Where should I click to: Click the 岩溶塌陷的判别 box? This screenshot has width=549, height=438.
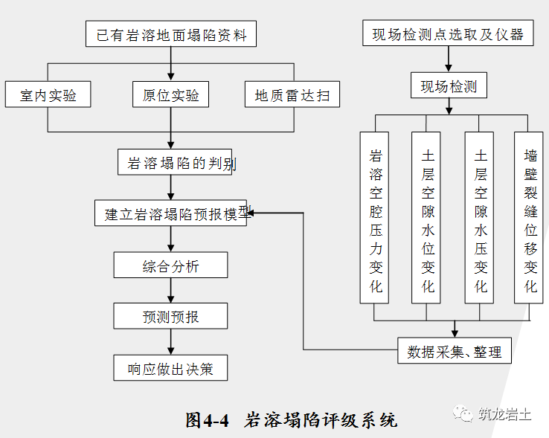176,162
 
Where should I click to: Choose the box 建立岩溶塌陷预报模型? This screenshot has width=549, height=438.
172,213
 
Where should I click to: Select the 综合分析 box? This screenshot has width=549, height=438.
171,265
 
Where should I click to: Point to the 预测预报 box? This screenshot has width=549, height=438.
171,316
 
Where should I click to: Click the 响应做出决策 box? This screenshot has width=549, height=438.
171,368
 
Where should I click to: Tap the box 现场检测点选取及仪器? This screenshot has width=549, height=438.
448,34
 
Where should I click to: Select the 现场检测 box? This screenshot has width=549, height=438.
449,86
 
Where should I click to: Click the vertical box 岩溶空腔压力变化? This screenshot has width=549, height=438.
375,217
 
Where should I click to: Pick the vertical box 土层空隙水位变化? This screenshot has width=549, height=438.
427,217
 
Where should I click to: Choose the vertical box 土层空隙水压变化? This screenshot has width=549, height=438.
480,217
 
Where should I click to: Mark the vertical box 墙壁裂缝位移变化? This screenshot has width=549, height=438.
530,217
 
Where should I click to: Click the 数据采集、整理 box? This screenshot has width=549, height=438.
454,351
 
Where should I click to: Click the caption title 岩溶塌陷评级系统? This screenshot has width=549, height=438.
321,419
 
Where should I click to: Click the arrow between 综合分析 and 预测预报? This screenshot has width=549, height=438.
171,291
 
